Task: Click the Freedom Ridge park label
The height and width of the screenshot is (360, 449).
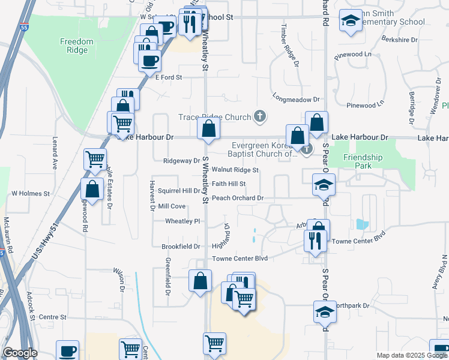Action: [x=77, y=46]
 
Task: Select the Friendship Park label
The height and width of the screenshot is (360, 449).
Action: [x=363, y=161]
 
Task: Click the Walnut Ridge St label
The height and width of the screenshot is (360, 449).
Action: [x=235, y=170]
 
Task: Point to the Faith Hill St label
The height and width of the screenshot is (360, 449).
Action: [x=229, y=184]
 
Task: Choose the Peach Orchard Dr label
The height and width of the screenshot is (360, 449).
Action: [x=238, y=197]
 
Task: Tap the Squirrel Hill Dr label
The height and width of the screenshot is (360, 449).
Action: [x=179, y=191]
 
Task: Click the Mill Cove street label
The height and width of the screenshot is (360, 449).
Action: [x=172, y=206]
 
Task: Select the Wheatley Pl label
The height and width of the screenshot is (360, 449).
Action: [x=182, y=221]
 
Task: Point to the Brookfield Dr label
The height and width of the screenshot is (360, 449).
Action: [x=180, y=246]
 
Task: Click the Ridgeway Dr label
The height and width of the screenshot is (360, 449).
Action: [x=181, y=161]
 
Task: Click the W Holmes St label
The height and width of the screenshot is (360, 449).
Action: [x=29, y=193]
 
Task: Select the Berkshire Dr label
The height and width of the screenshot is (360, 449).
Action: [x=399, y=40]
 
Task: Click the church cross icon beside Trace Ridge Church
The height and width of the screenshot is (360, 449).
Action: [x=260, y=116]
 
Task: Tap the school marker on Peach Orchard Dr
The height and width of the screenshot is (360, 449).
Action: [x=324, y=184]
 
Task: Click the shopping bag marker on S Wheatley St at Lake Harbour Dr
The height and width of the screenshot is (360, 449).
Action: [x=208, y=128]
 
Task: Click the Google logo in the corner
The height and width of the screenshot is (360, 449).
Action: [x=20, y=353]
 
